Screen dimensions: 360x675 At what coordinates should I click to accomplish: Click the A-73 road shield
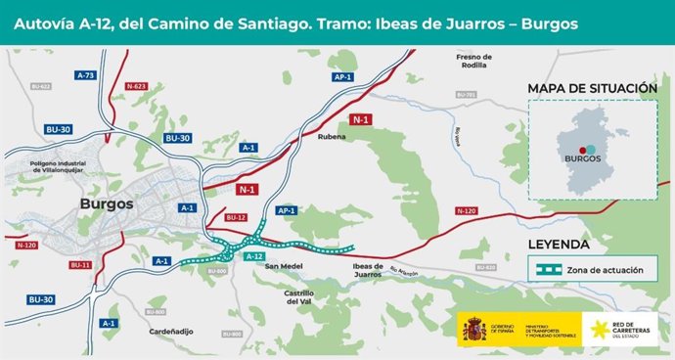click(x=86, y=75)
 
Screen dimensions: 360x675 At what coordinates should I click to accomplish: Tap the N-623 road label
click(x=136, y=87)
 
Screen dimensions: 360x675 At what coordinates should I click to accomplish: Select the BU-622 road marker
click(x=43, y=87)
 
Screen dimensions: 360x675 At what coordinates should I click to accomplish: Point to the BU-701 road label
click(x=466, y=95)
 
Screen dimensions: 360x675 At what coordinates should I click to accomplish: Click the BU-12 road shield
click(x=237, y=217)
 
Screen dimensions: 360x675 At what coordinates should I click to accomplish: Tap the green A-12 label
click(x=254, y=256)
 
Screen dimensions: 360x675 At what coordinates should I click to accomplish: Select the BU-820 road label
click(x=485, y=266)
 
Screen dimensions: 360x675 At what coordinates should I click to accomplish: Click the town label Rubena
click(x=333, y=138)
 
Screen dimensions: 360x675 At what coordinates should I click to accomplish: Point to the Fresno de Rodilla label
click(x=474, y=62)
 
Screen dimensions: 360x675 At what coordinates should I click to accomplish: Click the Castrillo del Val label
click(x=299, y=297)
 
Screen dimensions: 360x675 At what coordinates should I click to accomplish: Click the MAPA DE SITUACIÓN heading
click(x=591, y=88)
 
